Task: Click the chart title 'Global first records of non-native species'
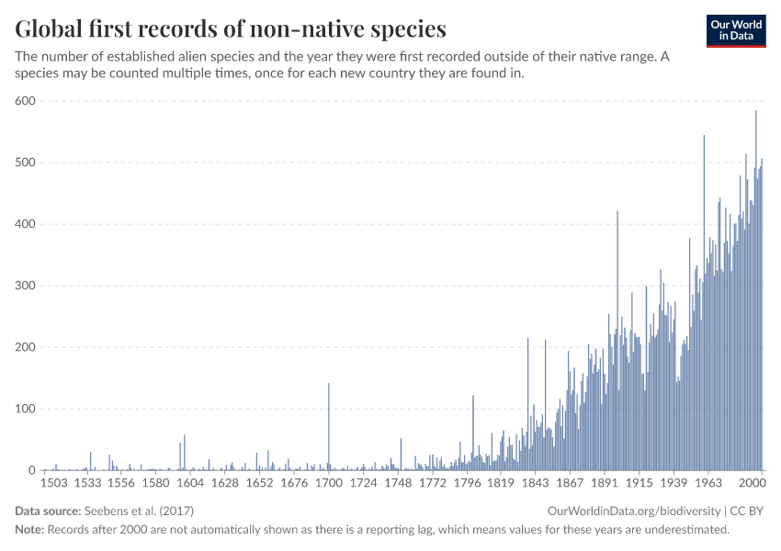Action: coord(231,28)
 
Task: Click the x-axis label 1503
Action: coord(55,482)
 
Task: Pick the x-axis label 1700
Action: coord(329,482)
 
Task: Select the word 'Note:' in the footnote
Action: coord(30,530)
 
